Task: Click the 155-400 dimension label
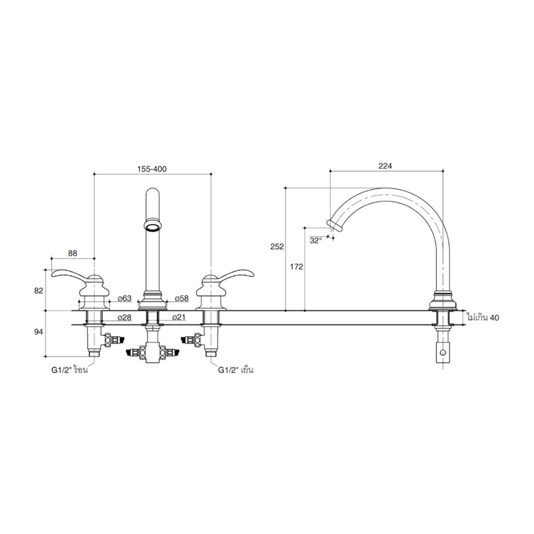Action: pos(152,169)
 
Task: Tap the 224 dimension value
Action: pos(385,166)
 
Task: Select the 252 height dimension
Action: pos(277,247)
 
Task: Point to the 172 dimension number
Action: pos(297,266)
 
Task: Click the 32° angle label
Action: pos(316,240)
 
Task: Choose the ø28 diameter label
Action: pos(124,318)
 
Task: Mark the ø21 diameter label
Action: pos(179,318)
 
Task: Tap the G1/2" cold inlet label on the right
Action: pos(235,370)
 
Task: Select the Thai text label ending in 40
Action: pos(482,318)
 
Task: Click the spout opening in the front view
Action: pos(152,226)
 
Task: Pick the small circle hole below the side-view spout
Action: pos(442,353)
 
